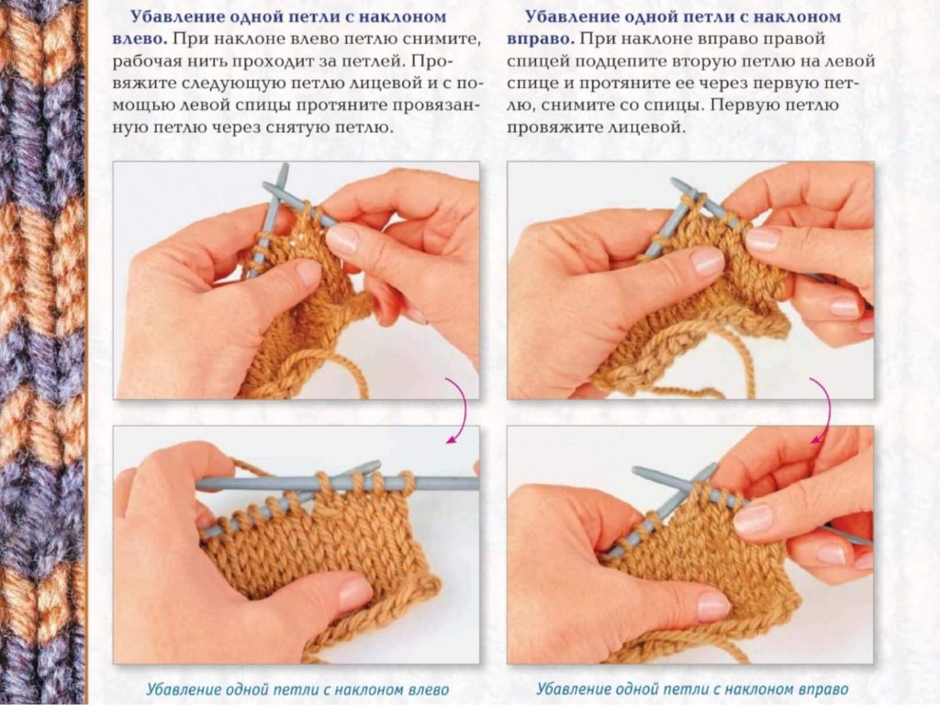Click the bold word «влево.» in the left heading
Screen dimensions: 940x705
[140, 39]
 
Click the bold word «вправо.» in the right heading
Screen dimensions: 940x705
[540, 39]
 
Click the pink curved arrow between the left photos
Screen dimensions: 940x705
[459, 410]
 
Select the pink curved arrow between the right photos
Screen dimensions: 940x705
[822, 410]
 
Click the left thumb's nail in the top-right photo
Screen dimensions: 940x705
[707, 262]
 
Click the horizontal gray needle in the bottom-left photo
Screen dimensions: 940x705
[337, 483]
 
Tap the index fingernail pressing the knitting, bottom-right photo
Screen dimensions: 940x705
[753, 520]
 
